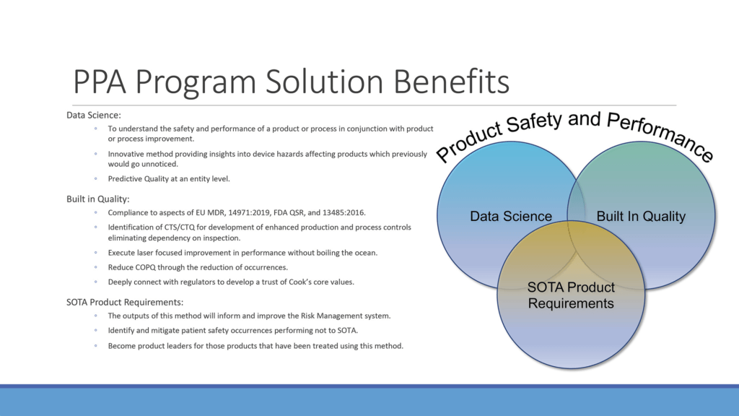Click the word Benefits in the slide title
(x=451, y=81)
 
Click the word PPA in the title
(x=100, y=81)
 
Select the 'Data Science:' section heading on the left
(x=93, y=115)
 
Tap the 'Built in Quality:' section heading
(x=97, y=199)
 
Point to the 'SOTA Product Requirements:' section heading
(x=124, y=302)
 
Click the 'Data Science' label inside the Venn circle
(x=511, y=216)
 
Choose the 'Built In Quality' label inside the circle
(x=641, y=216)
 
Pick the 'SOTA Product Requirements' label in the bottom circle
(x=571, y=295)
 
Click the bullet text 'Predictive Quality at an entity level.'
(x=169, y=179)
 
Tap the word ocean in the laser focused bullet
(x=365, y=253)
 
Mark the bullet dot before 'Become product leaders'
(x=96, y=346)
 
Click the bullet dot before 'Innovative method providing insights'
(x=96, y=154)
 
